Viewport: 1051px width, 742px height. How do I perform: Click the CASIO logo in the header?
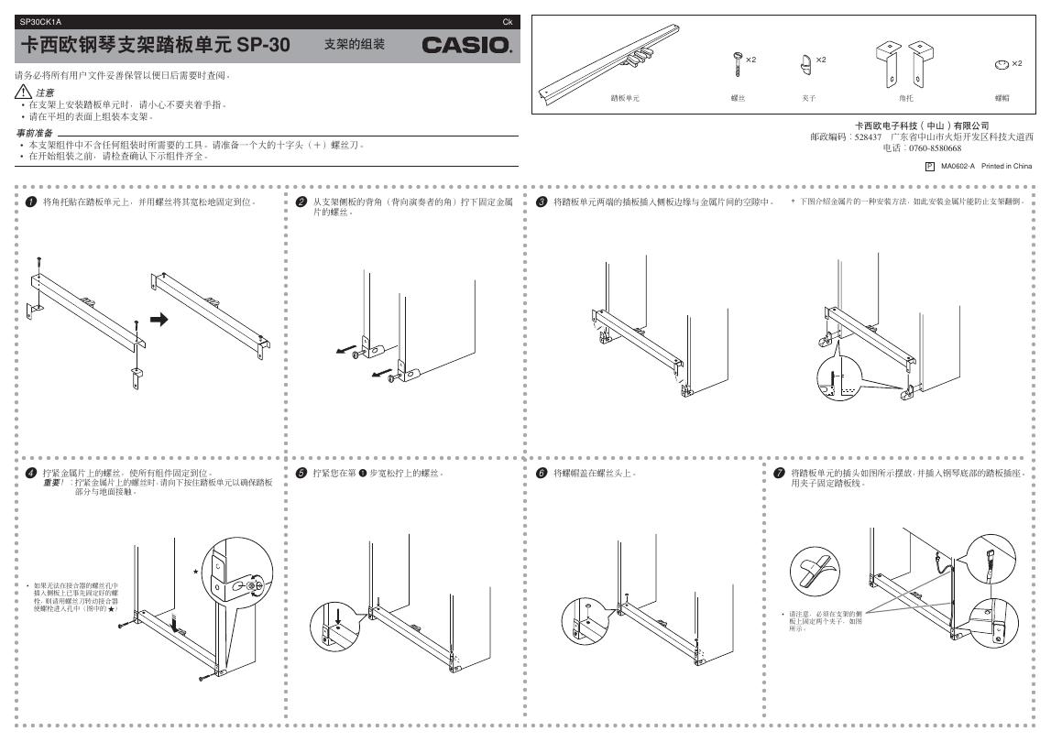(467, 45)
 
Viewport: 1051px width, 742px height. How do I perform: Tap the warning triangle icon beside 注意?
(23, 93)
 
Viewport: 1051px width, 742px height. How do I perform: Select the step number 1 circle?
(31, 201)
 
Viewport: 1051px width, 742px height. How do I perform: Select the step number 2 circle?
(301, 201)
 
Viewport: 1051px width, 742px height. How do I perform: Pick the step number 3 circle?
(542, 201)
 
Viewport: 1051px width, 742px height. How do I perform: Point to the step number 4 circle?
(31, 473)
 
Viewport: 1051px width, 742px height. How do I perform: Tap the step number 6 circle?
(542, 473)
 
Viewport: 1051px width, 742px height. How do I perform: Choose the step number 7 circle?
(779, 473)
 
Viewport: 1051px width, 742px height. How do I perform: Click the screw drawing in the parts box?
(736, 64)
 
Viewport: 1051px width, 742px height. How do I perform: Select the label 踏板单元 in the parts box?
(625, 96)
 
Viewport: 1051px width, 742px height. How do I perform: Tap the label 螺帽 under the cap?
(1002, 96)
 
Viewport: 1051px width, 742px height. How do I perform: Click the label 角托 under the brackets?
(905, 96)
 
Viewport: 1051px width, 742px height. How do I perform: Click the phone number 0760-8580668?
(934, 147)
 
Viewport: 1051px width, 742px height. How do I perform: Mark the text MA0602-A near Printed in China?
(958, 166)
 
